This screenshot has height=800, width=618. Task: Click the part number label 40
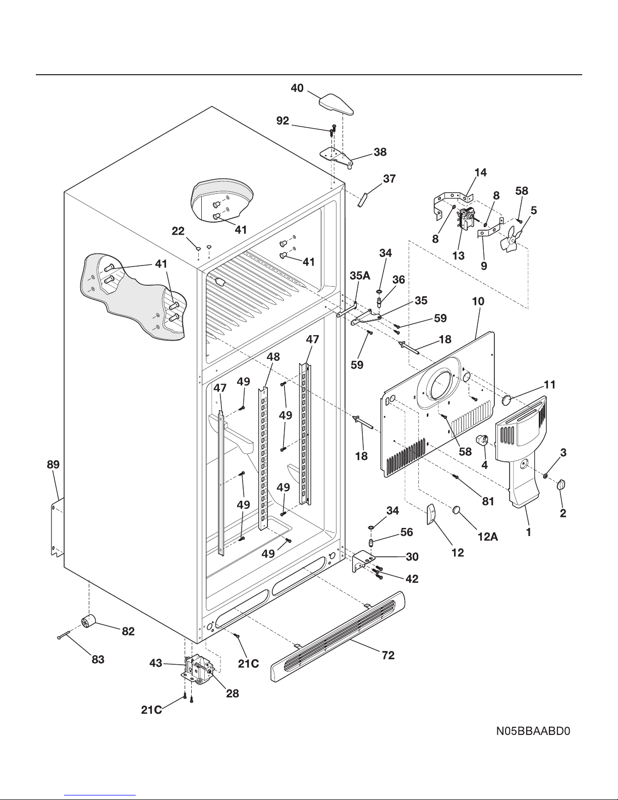point(297,88)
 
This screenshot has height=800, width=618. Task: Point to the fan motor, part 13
point(465,222)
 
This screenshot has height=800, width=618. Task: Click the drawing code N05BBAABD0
point(533,731)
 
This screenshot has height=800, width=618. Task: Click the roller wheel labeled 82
point(88,622)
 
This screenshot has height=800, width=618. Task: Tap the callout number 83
point(98,659)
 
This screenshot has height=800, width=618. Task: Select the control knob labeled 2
point(561,485)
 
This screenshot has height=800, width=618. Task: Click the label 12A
point(488,537)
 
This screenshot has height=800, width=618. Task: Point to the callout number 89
point(53,465)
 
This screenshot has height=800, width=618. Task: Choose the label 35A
point(360,276)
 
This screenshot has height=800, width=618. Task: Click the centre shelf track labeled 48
point(264,458)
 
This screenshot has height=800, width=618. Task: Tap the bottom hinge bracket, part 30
point(362,561)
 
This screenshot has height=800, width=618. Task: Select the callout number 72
point(388,655)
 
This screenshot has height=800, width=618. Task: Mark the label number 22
point(178,231)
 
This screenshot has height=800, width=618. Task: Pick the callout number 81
point(488,501)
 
